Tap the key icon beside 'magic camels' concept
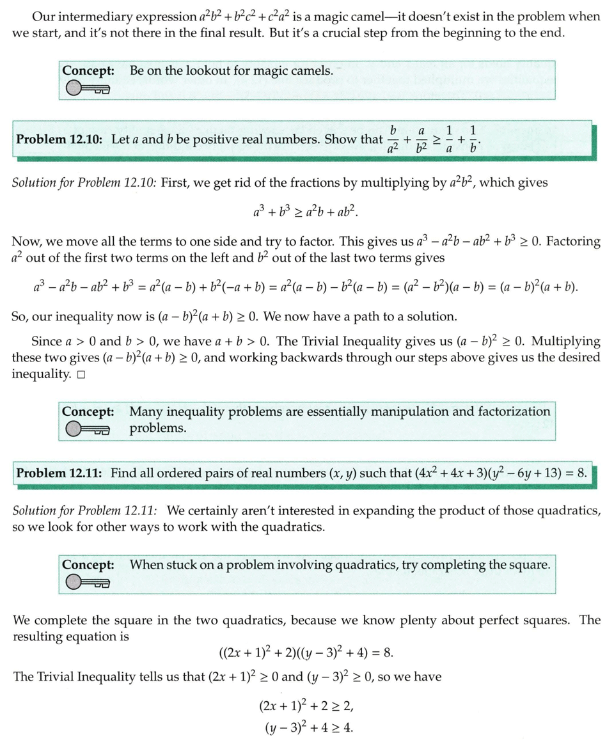pyautogui.click(x=87, y=90)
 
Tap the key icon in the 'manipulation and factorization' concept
pyautogui.click(x=87, y=430)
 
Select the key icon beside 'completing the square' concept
pyautogui.click(x=87, y=582)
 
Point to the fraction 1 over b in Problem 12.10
pyautogui.click(x=473, y=139)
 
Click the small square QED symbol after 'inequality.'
pyautogui.click(x=81, y=375)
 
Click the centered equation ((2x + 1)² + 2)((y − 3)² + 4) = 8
pyautogui.click(x=306, y=653)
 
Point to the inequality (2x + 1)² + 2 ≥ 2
pyautogui.click(x=306, y=706)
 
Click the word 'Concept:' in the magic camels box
pyautogui.click(x=89, y=70)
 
